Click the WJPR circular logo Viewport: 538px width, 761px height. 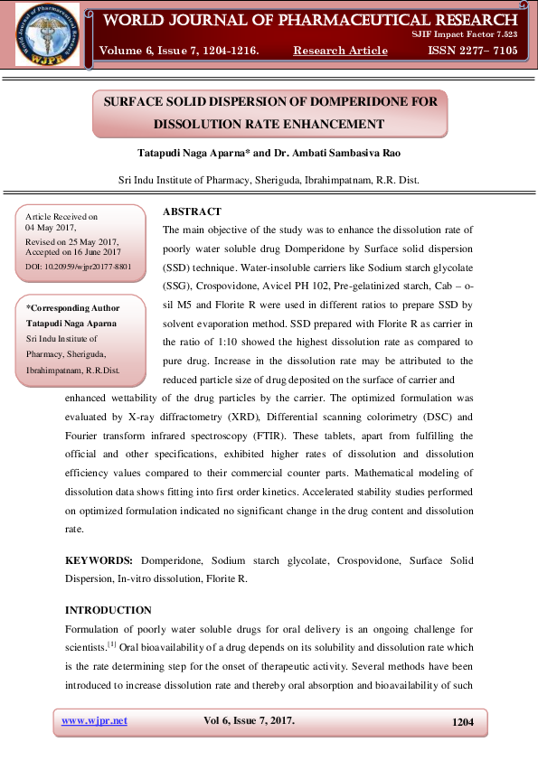45,33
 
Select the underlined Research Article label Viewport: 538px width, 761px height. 340,51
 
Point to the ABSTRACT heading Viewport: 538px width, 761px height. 192,211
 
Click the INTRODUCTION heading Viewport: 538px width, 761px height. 109,610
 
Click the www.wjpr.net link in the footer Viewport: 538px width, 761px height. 94,721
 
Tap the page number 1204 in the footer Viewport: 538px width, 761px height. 462,722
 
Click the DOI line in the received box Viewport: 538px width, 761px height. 79,268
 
